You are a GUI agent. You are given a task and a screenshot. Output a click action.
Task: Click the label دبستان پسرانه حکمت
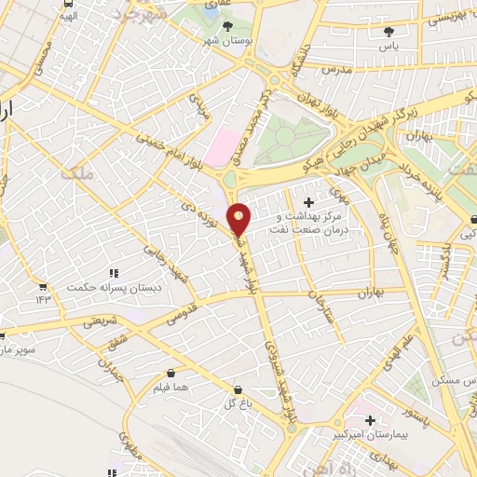coord(115,287)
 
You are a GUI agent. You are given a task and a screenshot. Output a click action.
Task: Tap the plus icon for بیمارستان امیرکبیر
coord(371,419)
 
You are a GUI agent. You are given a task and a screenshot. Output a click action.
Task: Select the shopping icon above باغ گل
coord(238,389)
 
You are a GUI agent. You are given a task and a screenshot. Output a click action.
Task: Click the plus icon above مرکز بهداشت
coord(309,202)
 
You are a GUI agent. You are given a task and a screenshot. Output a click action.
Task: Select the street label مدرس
coord(335,70)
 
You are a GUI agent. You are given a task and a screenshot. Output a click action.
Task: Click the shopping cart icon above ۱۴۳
coord(42,285)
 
